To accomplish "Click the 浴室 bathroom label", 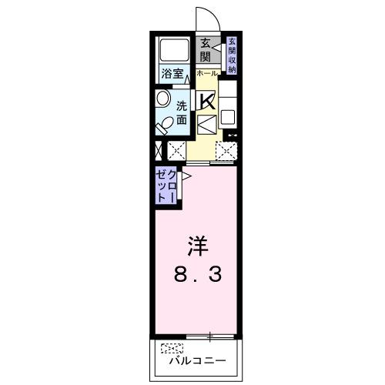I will (173, 74).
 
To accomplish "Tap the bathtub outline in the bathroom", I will (173, 51).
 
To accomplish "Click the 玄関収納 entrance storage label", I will (231, 54).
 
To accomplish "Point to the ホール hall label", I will (206, 73).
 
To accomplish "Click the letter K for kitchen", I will (207, 101).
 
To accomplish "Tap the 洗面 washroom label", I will (182, 112).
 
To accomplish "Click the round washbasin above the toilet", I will (163, 99).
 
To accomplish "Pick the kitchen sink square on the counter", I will (229, 119).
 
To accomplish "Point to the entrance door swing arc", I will (205, 17).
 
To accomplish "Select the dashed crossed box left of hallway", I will (176, 151).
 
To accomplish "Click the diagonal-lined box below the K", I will (206, 124).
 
